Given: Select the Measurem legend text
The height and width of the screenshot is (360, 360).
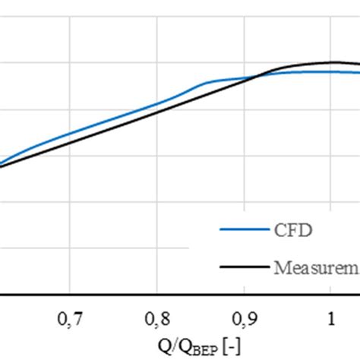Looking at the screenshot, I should pyautogui.click(x=314, y=267).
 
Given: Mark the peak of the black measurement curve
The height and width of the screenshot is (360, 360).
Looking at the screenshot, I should pyautogui.click(x=332, y=62).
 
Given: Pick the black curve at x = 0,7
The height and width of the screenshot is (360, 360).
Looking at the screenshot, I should pyautogui.click(x=69, y=142).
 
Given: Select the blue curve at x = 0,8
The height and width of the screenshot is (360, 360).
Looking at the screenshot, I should pyautogui.click(x=156, y=103).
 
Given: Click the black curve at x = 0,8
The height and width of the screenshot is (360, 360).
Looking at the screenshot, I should pyautogui.click(x=156, y=112).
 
